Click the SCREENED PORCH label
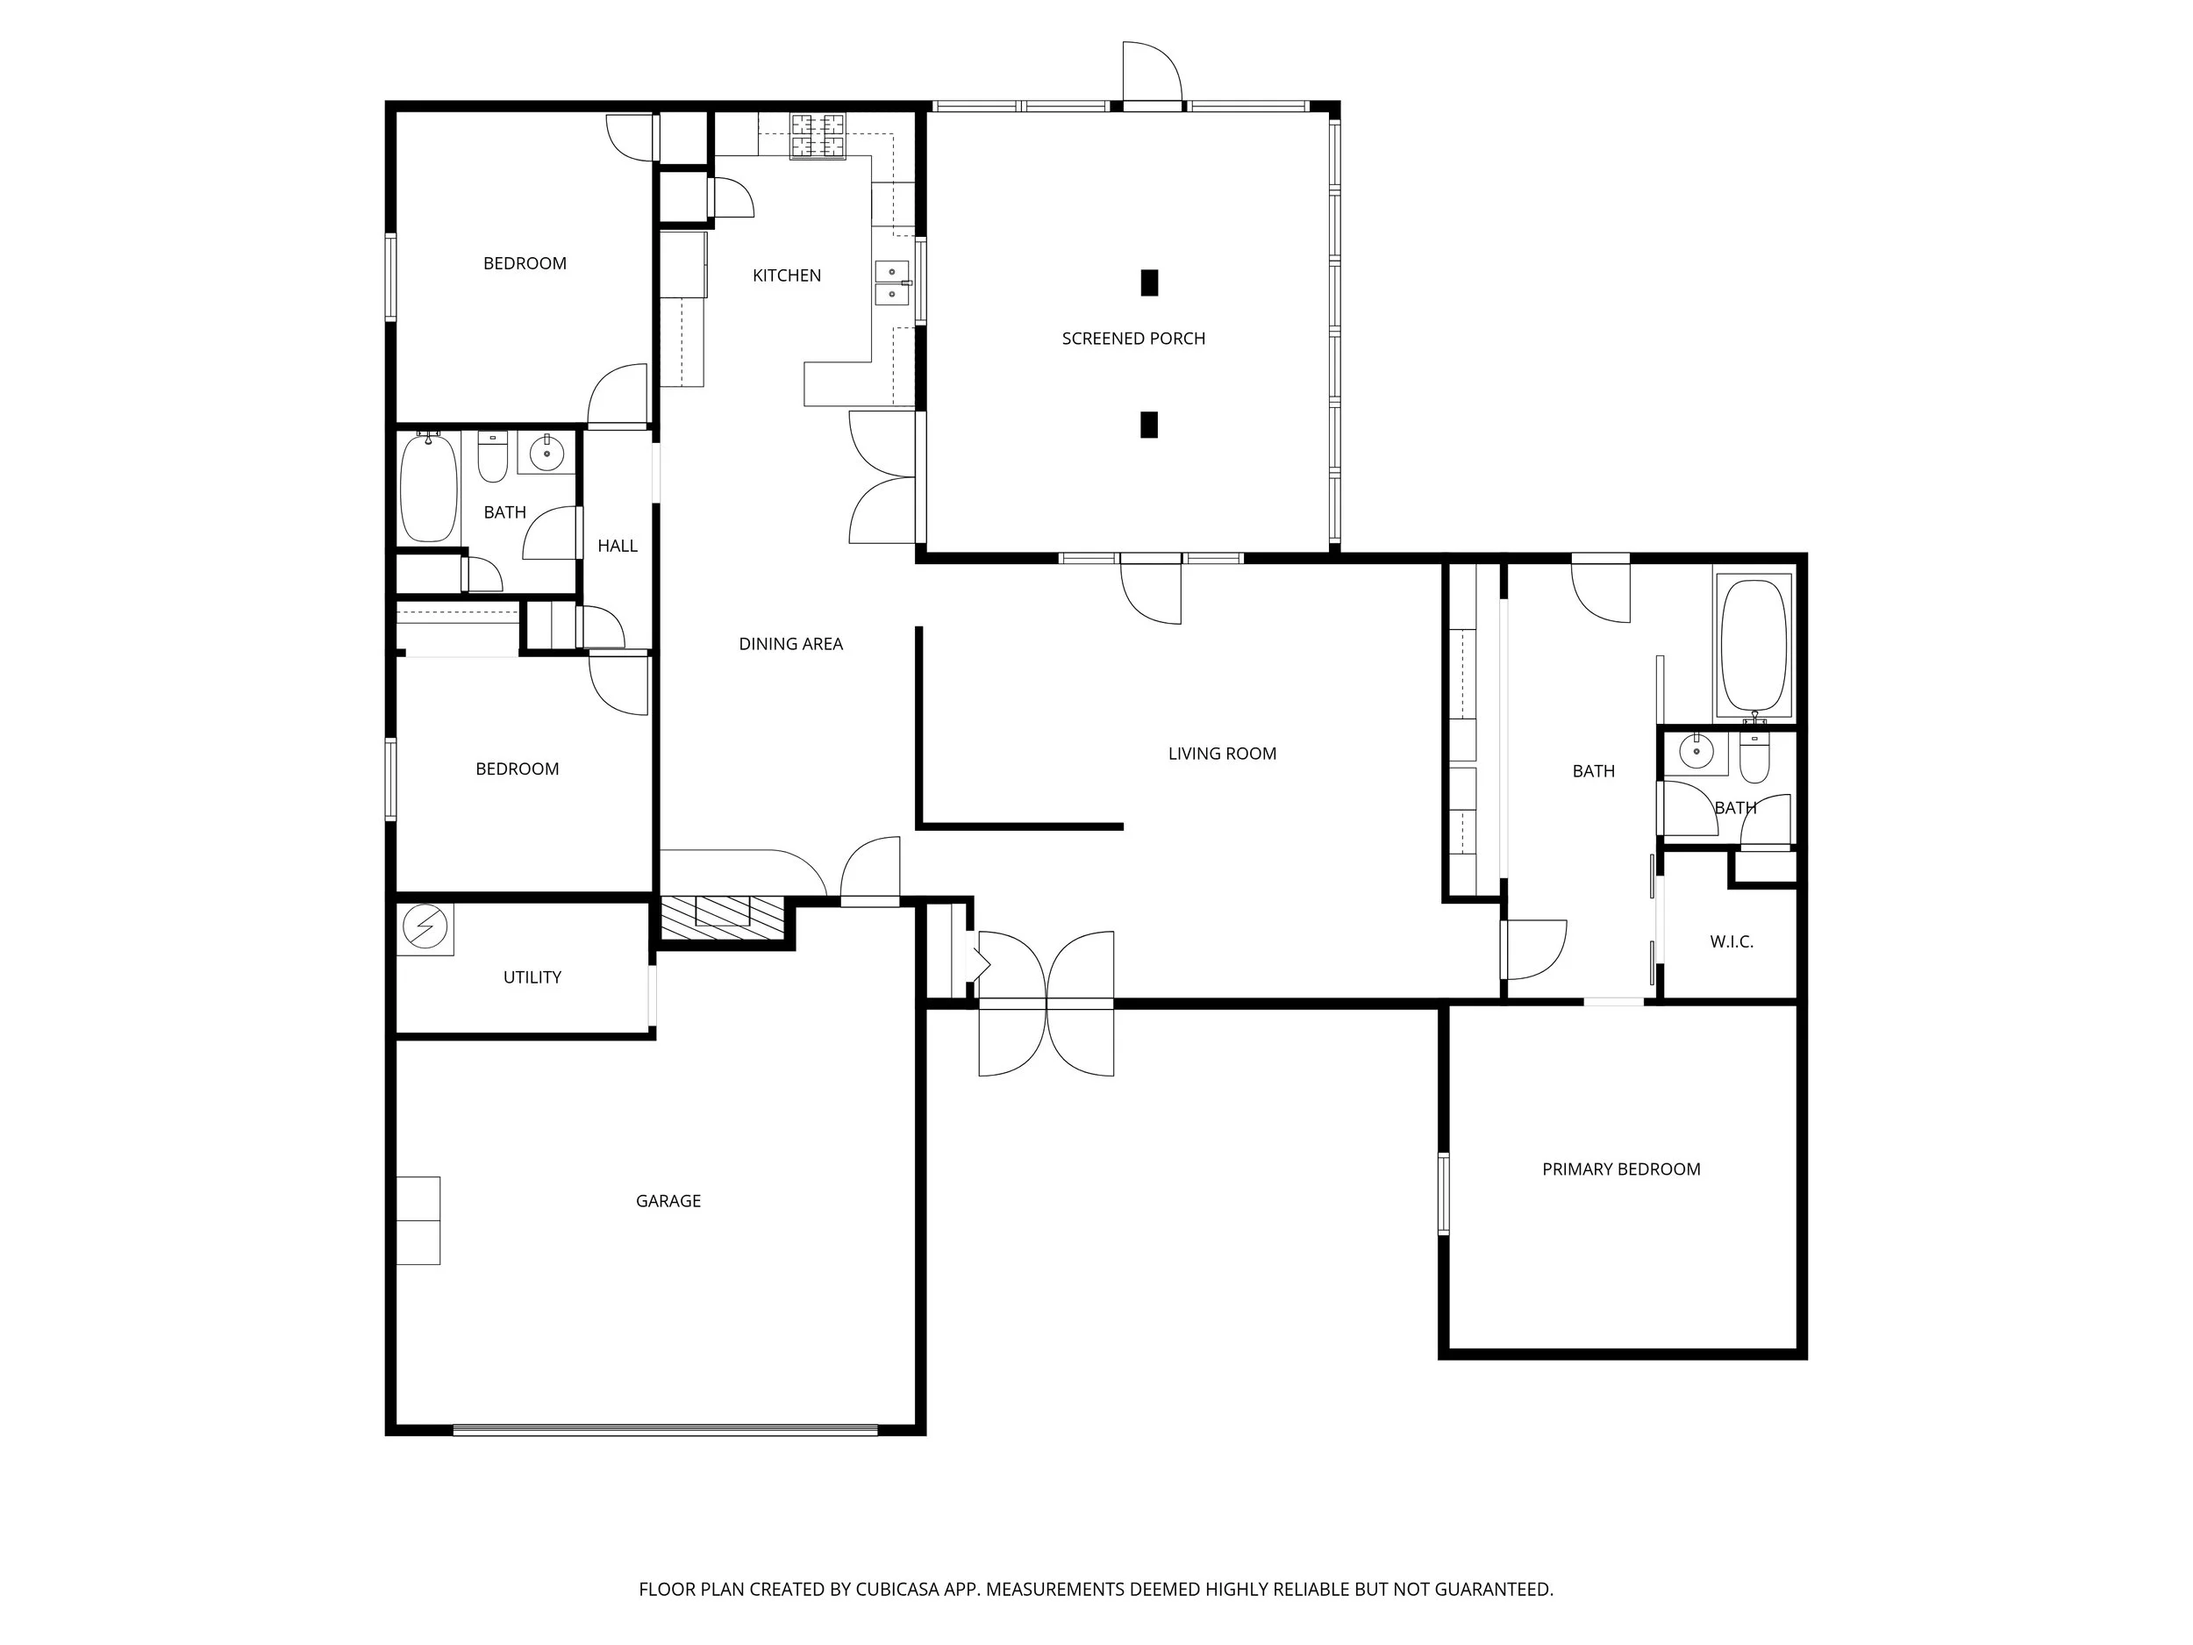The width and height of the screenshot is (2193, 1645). [x=1133, y=338]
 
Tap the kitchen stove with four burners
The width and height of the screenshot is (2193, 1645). [x=818, y=136]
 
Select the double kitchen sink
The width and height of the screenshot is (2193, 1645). [x=892, y=282]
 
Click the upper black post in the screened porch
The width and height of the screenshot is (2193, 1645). [x=1149, y=283]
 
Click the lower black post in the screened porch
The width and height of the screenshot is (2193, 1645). [x=1149, y=425]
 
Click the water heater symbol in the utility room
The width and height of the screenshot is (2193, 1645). [x=425, y=928]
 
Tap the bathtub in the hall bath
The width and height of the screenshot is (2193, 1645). [x=428, y=488]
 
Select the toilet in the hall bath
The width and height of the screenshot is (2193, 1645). [x=493, y=457]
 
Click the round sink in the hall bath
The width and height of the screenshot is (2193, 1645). [x=546, y=454]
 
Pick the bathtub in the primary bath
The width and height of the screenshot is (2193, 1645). [x=1754, y=646]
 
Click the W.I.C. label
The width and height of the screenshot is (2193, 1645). [x=1731, y=942]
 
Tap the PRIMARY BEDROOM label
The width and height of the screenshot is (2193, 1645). [x=1621, y=1169]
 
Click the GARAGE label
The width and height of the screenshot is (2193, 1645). [x=668, y=1201]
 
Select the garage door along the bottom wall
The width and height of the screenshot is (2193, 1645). [x=665, y=1429]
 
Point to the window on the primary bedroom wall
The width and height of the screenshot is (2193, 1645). [x=1444, y=1193]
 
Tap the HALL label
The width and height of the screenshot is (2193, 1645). [x=617, y=546]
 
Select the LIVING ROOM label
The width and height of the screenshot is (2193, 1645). [x=1221, y=754]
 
